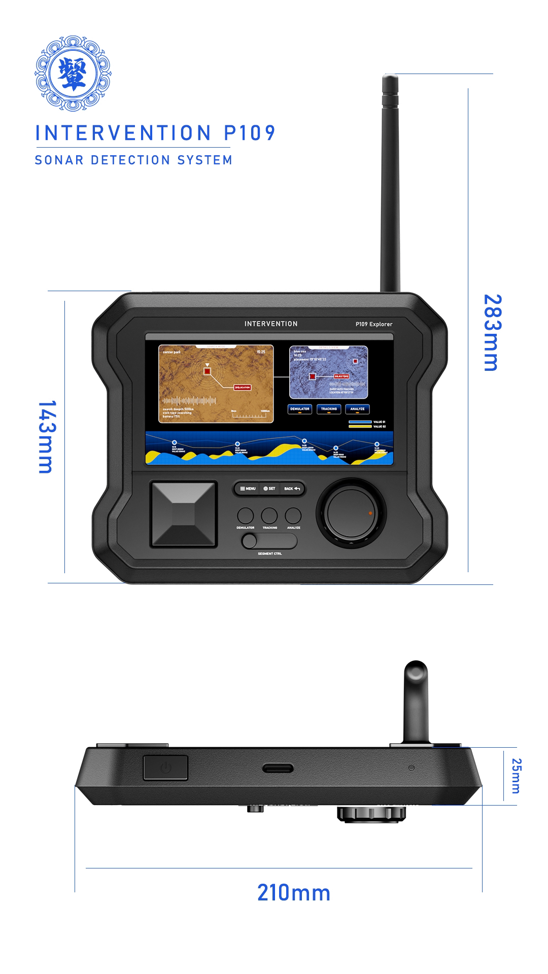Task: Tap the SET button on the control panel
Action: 269,489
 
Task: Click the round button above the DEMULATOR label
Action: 246,515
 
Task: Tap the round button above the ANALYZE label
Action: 293,515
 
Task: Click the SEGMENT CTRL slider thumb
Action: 250,541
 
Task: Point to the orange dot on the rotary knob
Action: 370,513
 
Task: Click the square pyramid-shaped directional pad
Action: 183,514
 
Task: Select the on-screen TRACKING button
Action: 329,409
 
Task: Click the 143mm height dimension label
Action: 46,437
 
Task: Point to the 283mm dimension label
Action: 492,332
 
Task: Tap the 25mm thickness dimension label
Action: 516,775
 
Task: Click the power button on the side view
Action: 166,767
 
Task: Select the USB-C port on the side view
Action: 278,768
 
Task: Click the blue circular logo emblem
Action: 73,74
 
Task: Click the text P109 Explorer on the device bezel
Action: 373,324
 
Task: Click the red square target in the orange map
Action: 207,371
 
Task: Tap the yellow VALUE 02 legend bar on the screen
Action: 360,427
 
